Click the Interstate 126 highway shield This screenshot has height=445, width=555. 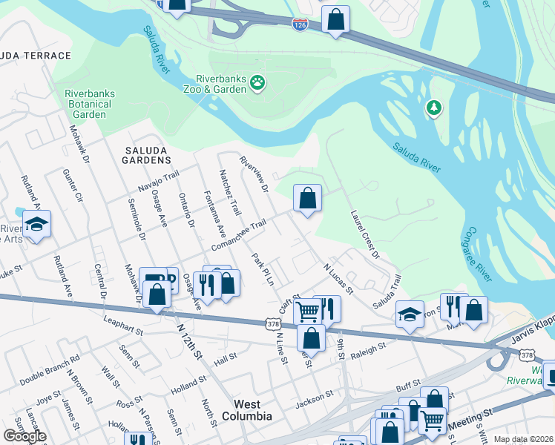point(300,24)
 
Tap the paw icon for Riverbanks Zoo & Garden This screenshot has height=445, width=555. point(257,82)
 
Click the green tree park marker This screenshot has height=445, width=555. point(434,109)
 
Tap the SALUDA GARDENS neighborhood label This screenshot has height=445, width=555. point(143,159)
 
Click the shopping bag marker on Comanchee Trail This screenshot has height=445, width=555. point(307,199)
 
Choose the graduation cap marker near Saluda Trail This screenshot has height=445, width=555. point(410,314)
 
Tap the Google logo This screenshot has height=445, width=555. point(24,436)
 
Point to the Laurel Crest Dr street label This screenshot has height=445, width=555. point(365,234)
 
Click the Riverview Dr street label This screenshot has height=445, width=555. point(253,174)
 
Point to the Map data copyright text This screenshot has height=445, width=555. point(523,439)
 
